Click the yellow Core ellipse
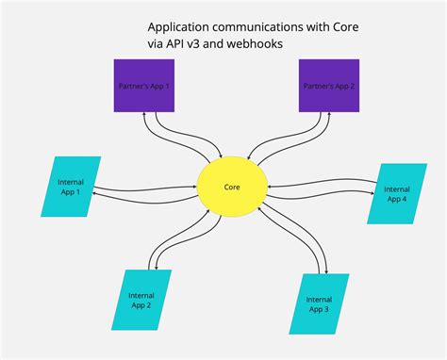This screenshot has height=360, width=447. tap(232, 187)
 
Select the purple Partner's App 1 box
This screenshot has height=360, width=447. tap(143, 87)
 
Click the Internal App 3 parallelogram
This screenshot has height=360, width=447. tap(319, 303)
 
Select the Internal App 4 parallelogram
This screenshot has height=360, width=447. tap(395, 193)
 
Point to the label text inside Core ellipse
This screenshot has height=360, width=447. tap(232, 187)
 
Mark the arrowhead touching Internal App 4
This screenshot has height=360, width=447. tap(372, 194)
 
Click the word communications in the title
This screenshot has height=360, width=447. tap(269, 28)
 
